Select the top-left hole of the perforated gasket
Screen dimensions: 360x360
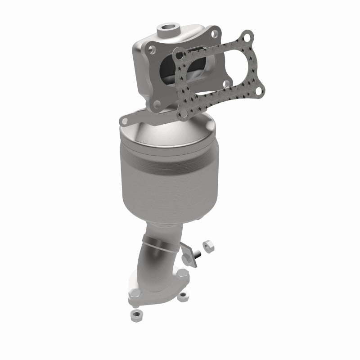(x=180, y=55)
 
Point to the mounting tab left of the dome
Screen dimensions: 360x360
(x=126, y=120)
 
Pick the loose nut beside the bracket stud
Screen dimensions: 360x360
(x=209, y=245)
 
